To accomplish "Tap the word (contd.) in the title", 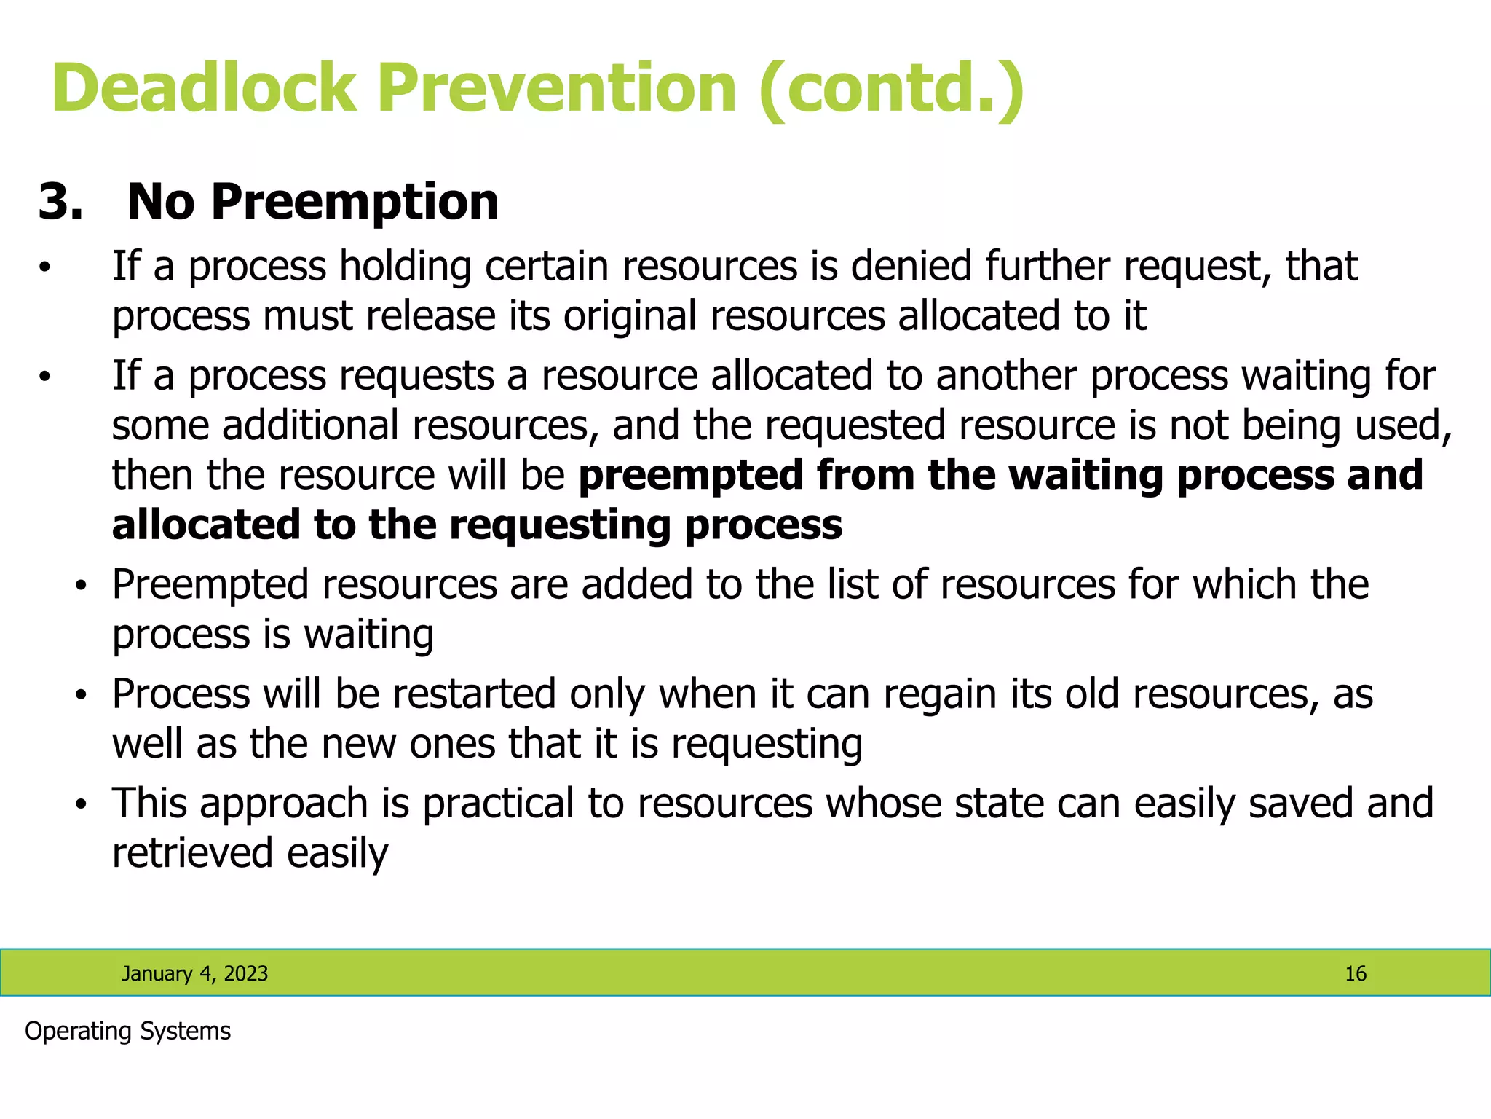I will [x=891, y=89].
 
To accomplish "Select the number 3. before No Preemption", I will [x=60, y=202].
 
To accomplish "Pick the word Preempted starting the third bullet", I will [x=210, y=586].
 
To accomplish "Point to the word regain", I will [x=939, y=695].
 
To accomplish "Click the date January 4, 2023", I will [x=194, y=974].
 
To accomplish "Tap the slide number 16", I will [x=1355, y=974].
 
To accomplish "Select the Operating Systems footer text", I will [x=127, y=1032].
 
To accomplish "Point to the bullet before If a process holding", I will [x=45, y=268].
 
